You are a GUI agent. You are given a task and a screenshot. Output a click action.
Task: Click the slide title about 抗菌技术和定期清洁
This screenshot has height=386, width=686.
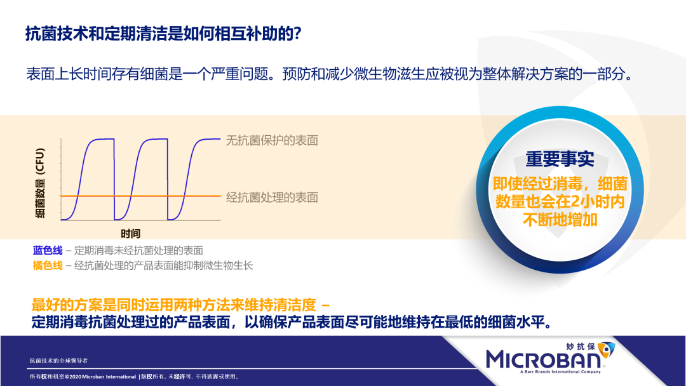pyautogui.click(x=163, y=34)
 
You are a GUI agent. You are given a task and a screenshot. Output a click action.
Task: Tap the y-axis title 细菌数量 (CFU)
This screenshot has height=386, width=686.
pyautogui.click(x=40, y=183)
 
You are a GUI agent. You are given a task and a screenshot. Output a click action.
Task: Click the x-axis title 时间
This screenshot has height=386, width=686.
pyautogui.click(x=130, y=234)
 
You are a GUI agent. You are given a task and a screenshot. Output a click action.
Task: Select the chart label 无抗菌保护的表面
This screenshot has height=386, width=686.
pyautogui.click(x=272, y=140)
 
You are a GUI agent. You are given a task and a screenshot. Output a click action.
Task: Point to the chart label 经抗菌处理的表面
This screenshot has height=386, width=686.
pyautogui.click(x=272, y=197)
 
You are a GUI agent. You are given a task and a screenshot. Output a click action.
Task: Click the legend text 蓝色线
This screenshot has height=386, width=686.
pyautogui.click(x=48, y=251)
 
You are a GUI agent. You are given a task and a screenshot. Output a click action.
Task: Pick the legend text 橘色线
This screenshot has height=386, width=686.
pyautogui.click(x=48, y=265)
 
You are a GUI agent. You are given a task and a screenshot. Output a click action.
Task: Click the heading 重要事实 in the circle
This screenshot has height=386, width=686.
pyautogui.click(x=560, y=159)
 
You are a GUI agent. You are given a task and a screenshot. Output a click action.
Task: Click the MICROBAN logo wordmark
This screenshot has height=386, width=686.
pyautogui.click(x=543, y=360)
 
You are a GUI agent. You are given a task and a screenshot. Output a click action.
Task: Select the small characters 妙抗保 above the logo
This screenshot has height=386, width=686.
pyautogui.click(x=581, y=347)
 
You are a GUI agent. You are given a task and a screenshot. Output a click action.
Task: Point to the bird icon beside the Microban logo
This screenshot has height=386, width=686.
pyautogui.click(x=607, y=349)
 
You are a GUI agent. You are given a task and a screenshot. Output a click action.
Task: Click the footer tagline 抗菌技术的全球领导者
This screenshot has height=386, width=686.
pyautogui.click(x=58, y=361)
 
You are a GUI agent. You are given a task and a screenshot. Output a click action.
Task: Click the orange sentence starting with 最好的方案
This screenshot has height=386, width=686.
pyautogui.click(x=180, y=304)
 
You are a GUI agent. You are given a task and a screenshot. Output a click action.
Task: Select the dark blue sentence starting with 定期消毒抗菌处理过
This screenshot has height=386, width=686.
pyautogui.click(x=291, y=322)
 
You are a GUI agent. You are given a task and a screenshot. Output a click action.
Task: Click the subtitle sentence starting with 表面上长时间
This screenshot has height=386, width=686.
pyautogui.click(x=330, y=74)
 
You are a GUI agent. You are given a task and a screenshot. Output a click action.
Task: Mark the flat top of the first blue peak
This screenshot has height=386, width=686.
pyautogui.click(x=104, y=139)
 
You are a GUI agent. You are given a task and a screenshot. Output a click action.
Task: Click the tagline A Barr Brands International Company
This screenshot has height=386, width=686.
pyautogui.click(x=560, y=372)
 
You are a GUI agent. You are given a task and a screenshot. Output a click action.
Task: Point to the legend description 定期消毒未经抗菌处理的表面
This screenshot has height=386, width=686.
pyautogui.click(x=138, y=251)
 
